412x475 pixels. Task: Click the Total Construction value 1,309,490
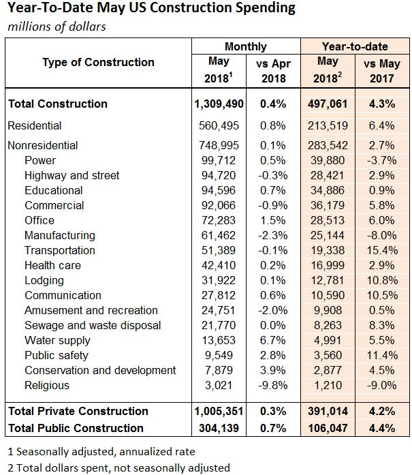pyautogui.click(x=219, y=104)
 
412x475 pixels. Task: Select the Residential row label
pyautogui.click(x=35, y=125)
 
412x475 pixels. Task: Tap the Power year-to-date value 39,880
pyautogui.click(x=328, y=160)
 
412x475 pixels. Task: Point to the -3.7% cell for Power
pyautogui.click(x=382, y=160)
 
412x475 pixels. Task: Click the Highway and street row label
pyautogui.click(x=72, y=175)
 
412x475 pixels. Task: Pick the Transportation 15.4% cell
pyautogui.click(x=382, y=250)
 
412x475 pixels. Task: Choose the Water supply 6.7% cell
pyautogui.click(x=273, y=340)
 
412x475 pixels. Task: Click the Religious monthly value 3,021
pyautogui.click(x=219, y=385)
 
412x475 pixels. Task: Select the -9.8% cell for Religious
pyautogui.click(x=273, y=385)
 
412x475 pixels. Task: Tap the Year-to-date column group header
pyautogui.click(x=355, y=46)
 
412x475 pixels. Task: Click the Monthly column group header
pyautogui.click(x=246, y=46)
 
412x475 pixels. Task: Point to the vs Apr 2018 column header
pyautogui.click(x=273, y=71)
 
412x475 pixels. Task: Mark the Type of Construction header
pyautogui.click(x=98, y=63)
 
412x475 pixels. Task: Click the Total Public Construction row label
pyautogui.click(x=76, y=428)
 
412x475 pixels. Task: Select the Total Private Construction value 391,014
pyautogui.click(x=328, y=411)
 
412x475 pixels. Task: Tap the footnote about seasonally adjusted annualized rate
pyautogui.click(x=101, y=452)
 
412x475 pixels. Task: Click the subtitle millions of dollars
pyautogui.click(x=57, y=27)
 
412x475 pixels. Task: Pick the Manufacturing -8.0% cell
pyautogui.click(x=382, y=235)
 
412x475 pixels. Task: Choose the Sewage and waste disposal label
pyautogui.click(x=93, y=325)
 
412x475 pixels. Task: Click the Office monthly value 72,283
pyautogui.click(x=219, y=220)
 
